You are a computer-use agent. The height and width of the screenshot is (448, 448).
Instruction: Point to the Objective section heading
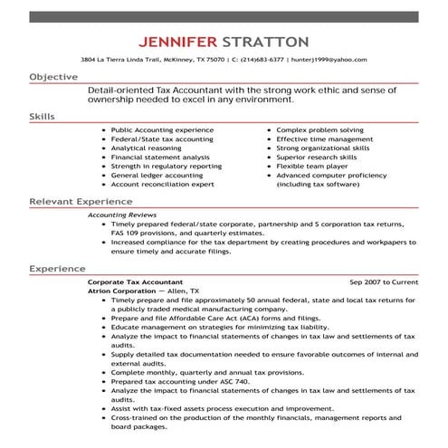[53, 78]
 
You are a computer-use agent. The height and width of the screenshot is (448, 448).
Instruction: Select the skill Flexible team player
[313, 167]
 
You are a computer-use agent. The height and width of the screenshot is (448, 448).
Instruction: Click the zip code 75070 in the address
[216, 59]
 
